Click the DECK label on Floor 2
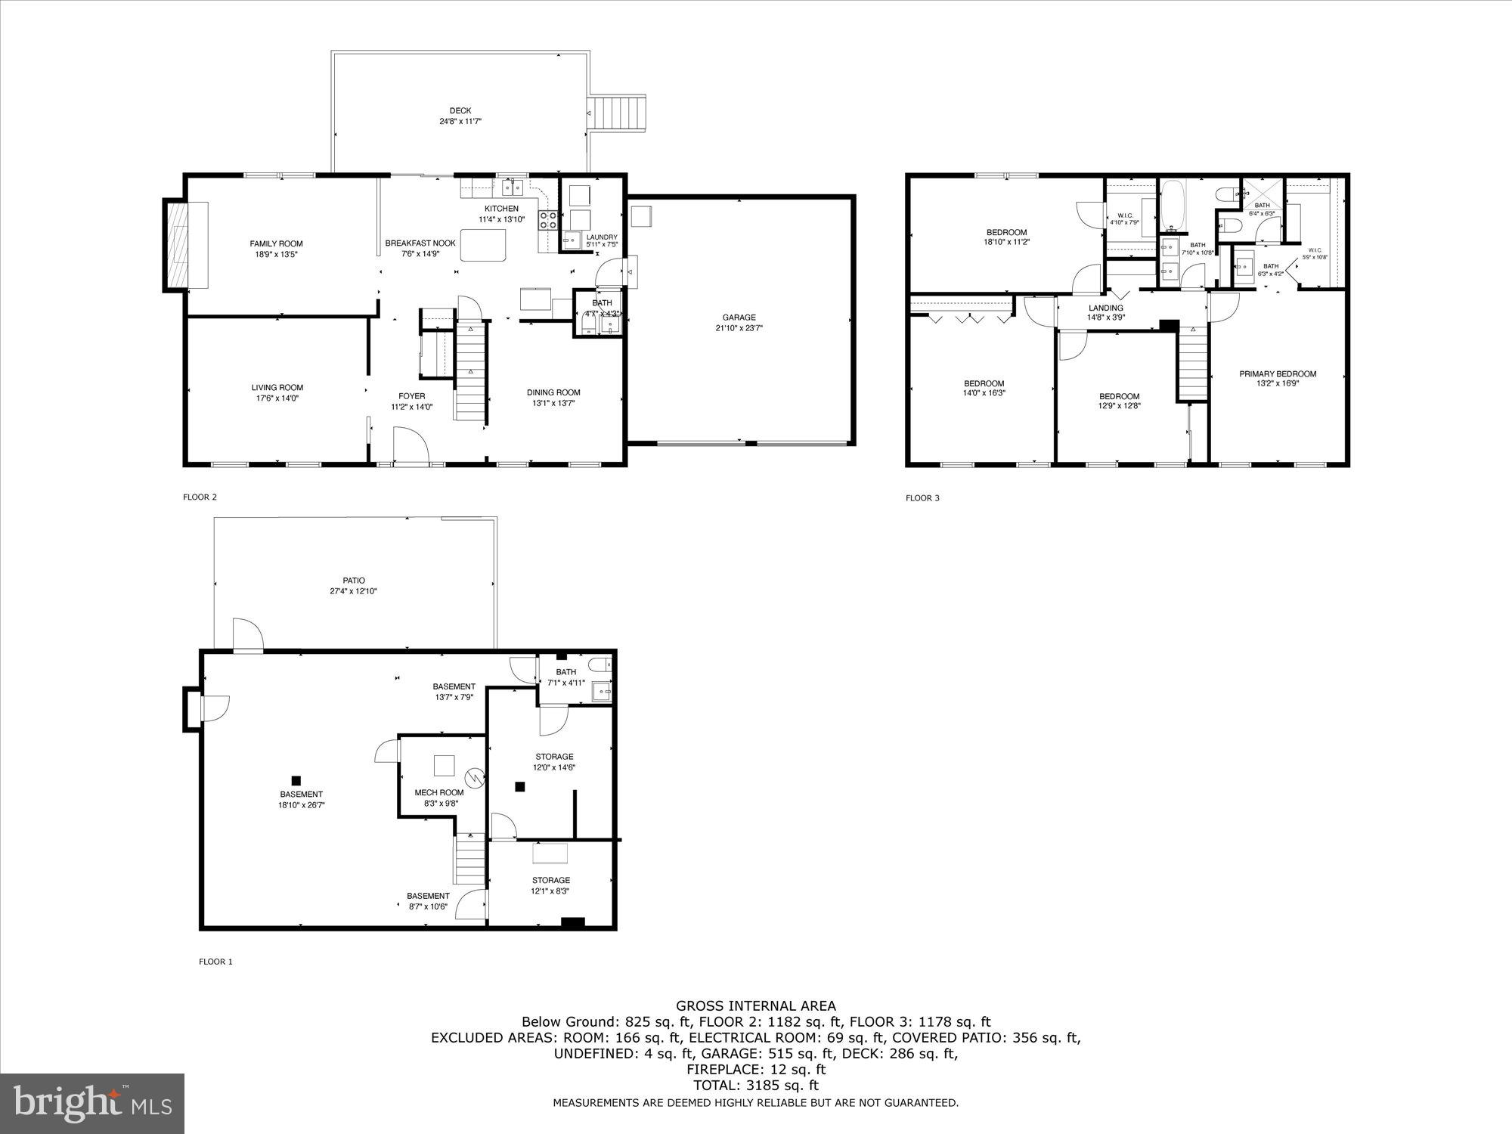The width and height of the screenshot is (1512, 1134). [460, 111]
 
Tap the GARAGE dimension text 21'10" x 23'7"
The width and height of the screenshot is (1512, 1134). [739, 328]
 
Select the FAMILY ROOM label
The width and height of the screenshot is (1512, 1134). [277, 243]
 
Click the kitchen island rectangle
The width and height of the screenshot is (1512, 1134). [483, 246]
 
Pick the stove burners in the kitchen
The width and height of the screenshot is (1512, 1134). [547, 220]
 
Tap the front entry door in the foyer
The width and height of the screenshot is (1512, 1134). [411, 446]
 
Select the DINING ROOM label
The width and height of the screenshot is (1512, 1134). [553, 392]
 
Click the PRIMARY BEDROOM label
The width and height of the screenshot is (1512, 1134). [1278, 373]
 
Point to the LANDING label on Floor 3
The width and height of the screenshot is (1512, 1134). [1106, 308]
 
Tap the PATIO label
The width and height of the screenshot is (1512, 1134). [354, 581]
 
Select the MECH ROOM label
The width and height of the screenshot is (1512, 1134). [439, 792]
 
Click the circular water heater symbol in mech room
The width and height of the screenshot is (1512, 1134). [474, 776]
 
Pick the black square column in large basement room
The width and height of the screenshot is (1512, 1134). [296, 780]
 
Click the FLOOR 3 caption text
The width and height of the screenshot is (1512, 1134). [922, 497]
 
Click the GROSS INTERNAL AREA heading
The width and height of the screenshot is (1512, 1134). [756, 1005]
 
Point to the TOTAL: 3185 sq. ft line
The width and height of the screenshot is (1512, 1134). [756, 1086]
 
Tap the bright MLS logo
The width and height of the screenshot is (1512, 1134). [92, 1104]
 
